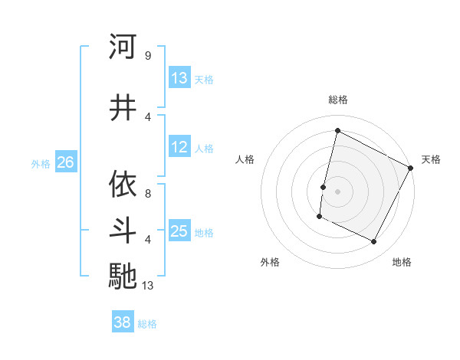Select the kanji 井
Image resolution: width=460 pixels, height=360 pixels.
click(123, 108)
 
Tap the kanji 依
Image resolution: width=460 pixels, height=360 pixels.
click(123, 185)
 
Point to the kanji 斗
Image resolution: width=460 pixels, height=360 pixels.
click(123, 231)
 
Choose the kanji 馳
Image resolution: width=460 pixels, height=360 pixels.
click(123, 276)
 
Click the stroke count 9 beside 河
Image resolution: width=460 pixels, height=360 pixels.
click(147, 55)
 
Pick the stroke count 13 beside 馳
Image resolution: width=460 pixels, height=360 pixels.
click(149, 286)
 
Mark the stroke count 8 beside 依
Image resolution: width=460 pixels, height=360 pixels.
click(147, 194)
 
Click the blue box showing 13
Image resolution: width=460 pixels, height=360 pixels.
click(179, 78)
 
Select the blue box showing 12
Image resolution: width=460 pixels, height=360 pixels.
click(179, 147)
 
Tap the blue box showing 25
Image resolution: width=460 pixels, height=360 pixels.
click(179, 231)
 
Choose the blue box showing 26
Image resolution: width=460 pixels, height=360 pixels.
click(65, 162)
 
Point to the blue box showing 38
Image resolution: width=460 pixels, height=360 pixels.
click(122, 322)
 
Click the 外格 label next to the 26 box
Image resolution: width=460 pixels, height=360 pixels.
click(41, 163)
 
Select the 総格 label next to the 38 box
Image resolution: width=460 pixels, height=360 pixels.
click(147, 324)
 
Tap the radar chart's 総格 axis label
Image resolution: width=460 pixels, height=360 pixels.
click(337, 100)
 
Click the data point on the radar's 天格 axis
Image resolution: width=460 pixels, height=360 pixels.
click(411, 168)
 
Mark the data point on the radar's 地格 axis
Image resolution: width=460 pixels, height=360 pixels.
click(374, 242)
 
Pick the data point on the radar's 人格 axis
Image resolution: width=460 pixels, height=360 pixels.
click(323, 187)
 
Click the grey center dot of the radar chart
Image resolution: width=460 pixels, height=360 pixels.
click(337, 191)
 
